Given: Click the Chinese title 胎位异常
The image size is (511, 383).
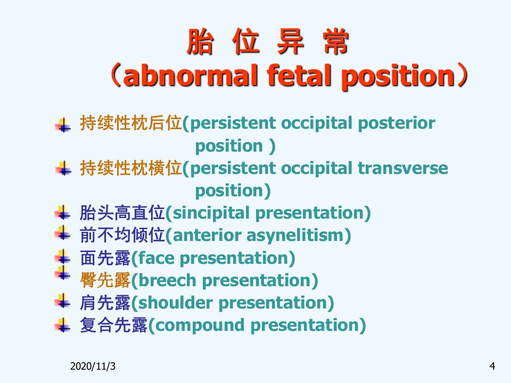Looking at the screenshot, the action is point(268,41).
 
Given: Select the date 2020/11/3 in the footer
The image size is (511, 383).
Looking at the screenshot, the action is point(93,367).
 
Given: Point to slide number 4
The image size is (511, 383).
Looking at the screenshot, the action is point(492,367).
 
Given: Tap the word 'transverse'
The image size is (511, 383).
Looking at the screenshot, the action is point(403,169).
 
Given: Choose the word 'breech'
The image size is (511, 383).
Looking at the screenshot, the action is point(167,280).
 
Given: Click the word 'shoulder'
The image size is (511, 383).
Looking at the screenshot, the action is point(176,303).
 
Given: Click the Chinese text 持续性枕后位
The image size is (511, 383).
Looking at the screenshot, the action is point(131,123).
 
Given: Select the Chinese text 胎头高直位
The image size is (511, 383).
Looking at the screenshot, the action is point(122,213).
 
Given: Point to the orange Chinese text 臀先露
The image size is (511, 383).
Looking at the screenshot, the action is point(105,280).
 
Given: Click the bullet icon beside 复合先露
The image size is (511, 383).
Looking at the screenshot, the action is point(63,324).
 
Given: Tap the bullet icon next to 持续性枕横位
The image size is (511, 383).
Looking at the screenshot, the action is point(63,168).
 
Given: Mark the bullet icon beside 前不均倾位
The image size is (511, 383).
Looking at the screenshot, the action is point(63,232).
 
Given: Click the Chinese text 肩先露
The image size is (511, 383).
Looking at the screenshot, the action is point(105,303).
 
